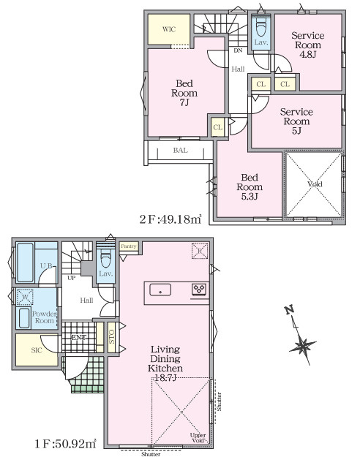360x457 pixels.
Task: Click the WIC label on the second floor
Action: click(169, 30)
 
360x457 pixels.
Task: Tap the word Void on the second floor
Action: click(315, 184)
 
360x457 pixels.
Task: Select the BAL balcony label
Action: click(180, 151)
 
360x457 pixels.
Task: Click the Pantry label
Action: click(130, 246)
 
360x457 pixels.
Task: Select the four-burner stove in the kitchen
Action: click(200, 290)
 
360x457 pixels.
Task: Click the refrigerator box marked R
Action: click(199, 252)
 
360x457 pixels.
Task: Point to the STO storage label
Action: click(112, 336)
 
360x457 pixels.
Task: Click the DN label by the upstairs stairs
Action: click(239, 51)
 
